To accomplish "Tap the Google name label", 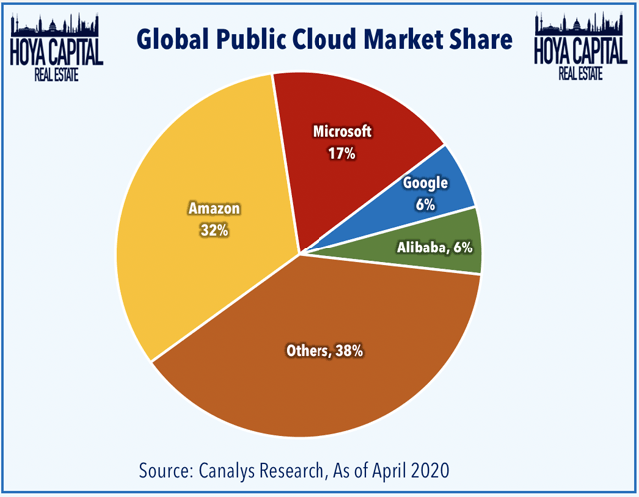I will click(x=424, y=184).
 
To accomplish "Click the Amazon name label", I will click(x=214, y=210).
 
